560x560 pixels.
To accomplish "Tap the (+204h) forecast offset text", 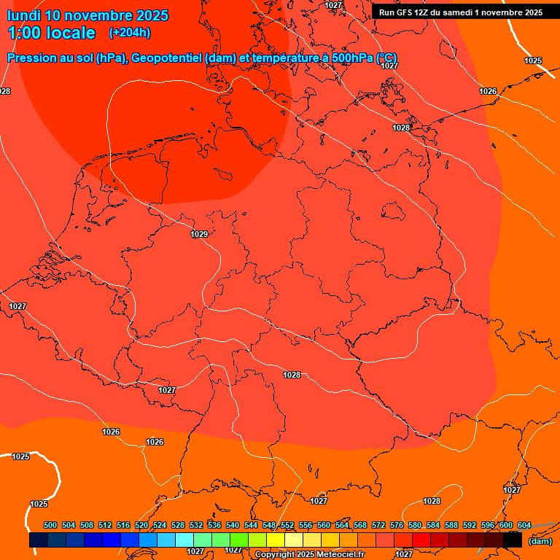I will [130, 32].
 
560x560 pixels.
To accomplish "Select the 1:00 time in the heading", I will [24, 33].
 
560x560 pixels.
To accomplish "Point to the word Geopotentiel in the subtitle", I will [165, 58].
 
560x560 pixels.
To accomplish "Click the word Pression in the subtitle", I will [33, 58].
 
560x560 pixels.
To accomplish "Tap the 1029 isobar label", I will [199, 234].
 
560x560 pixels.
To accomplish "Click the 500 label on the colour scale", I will [50, 525].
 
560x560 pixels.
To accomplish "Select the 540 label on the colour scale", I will [233, 525].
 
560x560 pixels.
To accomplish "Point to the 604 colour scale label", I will [524, 525].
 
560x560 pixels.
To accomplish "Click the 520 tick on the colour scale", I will [141, 525].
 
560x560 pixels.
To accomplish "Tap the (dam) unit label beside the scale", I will [540, 540].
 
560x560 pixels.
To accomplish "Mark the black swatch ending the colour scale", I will [513, 540].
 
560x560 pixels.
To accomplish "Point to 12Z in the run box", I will [423, 12].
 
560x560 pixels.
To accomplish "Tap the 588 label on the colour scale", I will [451, 525].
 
